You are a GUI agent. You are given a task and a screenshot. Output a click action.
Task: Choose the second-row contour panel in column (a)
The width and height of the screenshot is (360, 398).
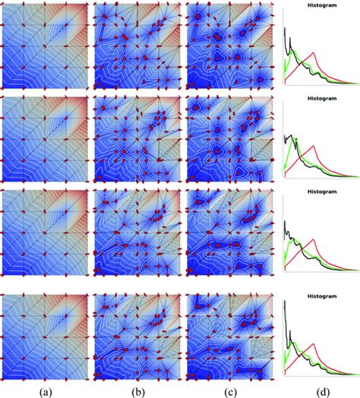[45, 140]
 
